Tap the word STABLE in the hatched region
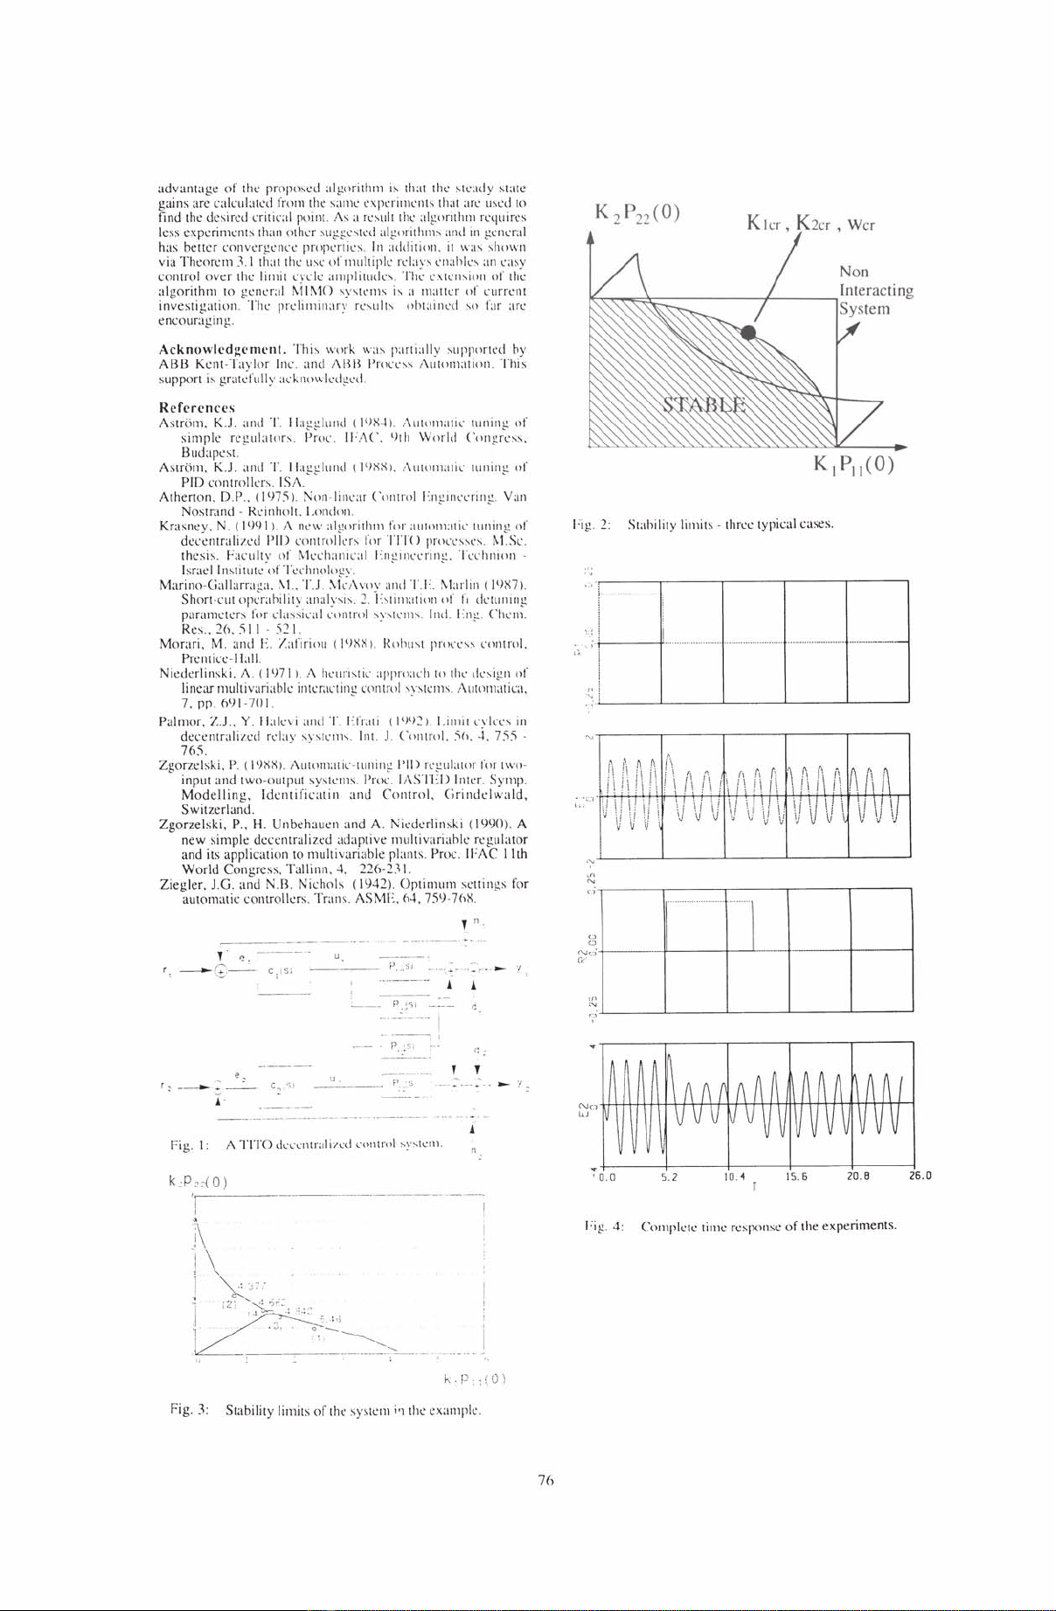click(705, 404)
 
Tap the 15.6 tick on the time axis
click(792, 1176)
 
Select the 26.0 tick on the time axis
click(921, 1176)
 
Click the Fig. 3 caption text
click(327, 1411)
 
